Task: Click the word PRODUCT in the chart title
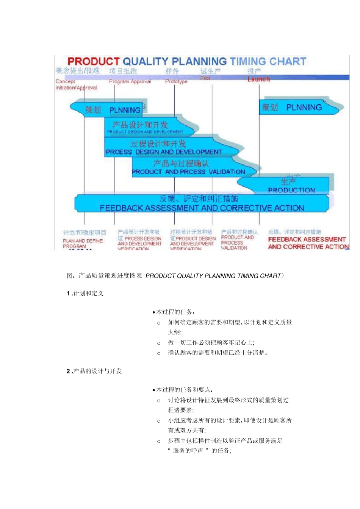[x=94, y=61]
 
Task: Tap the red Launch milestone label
[x=258, y=79]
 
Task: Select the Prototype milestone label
[x=176, y=81]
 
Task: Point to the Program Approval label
[x=130, y=81]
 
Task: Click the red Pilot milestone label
[x=205, y=78]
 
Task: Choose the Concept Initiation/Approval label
[x=76, y=84]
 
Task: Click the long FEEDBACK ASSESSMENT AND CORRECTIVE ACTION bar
[x=202, y=204]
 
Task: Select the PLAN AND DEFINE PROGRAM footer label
[x=83, y=243]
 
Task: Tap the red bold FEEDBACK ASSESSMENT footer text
[x=307, y=243]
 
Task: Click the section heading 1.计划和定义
[x=85, y=293]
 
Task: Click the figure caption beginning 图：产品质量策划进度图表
[x=175, y=276]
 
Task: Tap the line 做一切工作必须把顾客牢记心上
[x=211, y=343]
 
